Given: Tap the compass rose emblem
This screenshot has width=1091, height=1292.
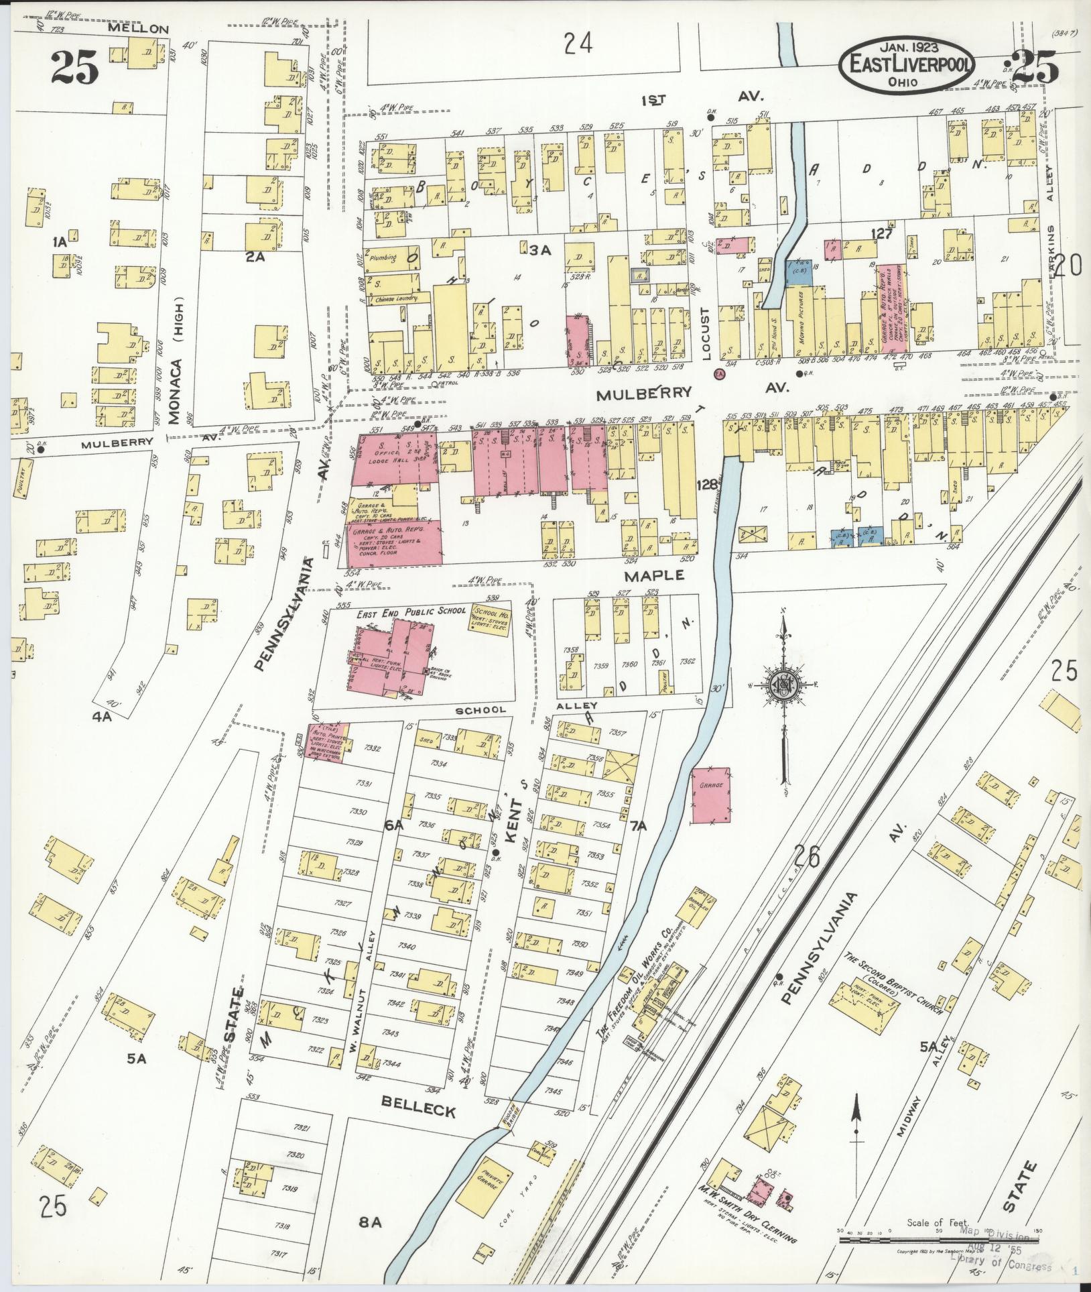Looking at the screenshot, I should click(x=782, y=684).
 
